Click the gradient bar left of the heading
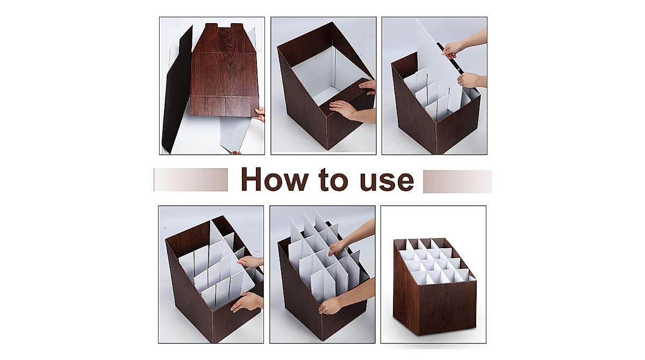pos(191,179)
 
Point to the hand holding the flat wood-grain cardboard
pos(260,114)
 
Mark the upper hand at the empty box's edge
pos(369,85)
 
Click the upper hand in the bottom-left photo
pos(251,262)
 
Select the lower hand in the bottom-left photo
pos(246,302)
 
